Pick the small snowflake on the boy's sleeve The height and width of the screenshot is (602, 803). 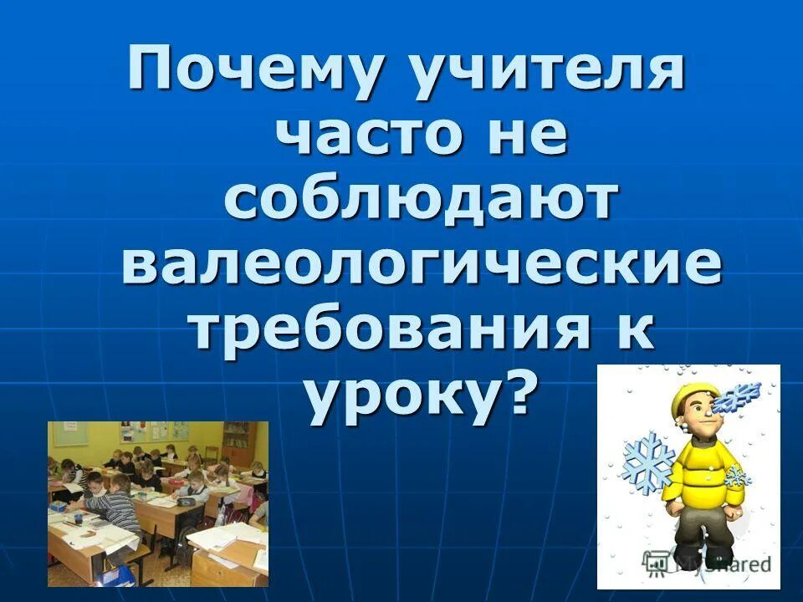736,477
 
